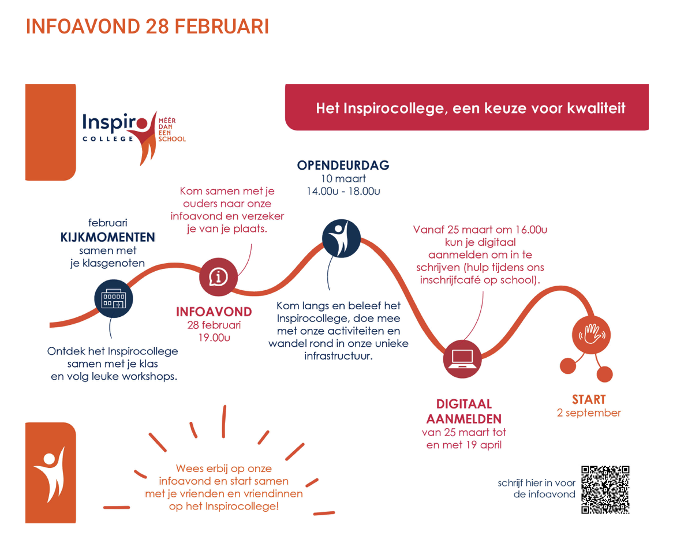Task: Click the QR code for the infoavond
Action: click(x=605, y=489)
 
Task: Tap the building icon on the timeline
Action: click(x=113, y=298)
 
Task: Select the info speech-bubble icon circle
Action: click(x=219, y=277)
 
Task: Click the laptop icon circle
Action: click(x=462, y=359)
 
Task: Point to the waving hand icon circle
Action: click(x=592, y=335)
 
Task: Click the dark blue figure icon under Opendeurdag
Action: click(x=341, y=238)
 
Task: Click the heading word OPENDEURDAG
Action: click(x=343, y=165)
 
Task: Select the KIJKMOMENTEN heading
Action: click(x=108, y=237)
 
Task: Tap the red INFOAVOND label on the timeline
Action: click(x=214, y=312)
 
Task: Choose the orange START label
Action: click(x=589, y=400)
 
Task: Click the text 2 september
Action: click(x=589, y=413)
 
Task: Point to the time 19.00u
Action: click(x=214, y=338)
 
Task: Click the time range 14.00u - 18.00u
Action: click(x=343, y=192)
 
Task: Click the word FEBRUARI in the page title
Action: click(x=222, y=26)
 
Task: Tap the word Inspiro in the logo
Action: click(x=115, y=122)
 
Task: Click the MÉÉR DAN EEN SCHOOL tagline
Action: click(x=171, y=130)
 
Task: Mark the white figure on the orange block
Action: click(x=50, y=474)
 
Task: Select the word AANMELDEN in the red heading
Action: click(x=463, y=419)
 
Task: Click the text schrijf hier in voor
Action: click(x=537, y=483)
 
